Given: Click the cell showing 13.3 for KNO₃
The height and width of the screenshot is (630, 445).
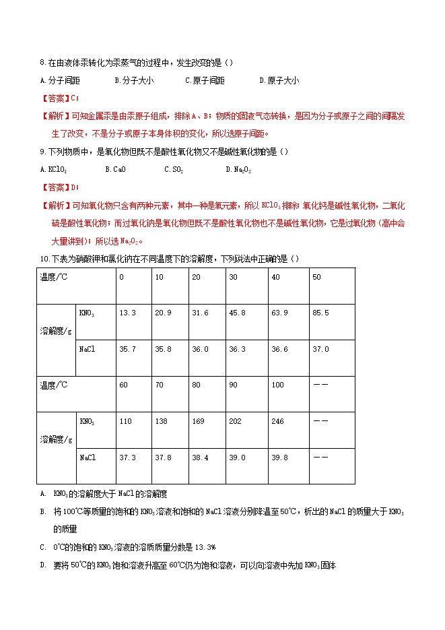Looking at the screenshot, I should [x=127, y=313].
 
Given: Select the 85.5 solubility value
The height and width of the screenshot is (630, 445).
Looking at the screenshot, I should [x=321, y=313].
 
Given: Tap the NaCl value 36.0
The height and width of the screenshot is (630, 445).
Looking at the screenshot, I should [x=200, y=349].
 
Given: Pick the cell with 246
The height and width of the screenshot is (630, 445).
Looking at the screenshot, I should [x=277, y=422].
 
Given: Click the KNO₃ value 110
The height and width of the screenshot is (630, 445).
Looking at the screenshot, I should [x=125, y=422].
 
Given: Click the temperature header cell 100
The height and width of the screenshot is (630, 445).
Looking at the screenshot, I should [x=277, y=385].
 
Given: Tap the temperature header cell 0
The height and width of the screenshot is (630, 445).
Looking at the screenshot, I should [x=121, y=277].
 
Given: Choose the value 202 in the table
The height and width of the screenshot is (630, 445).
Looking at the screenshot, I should [x=236, y=422].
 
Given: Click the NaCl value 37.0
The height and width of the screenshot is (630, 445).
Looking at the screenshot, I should [x=321, y=349].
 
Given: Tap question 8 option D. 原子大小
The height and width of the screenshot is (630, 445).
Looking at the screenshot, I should [x=279, y=81].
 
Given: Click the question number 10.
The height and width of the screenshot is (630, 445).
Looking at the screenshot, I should [x=44, y=259].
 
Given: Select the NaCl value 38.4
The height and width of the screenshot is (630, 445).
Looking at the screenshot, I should [x=200, y=458].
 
